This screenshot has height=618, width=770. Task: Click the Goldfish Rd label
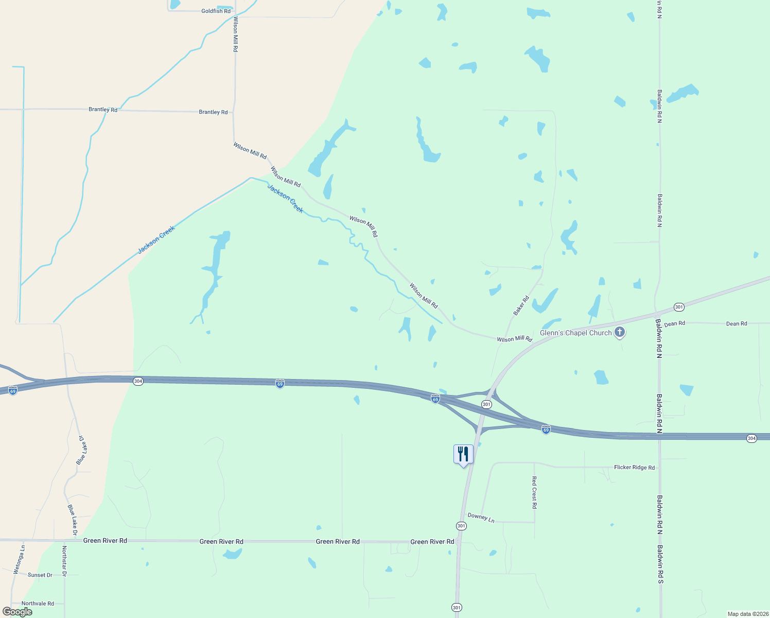point(216,11)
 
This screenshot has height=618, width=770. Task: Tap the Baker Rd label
point(521,305)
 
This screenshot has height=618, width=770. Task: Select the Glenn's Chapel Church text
point(575,333)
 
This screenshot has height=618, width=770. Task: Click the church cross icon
point(620,332)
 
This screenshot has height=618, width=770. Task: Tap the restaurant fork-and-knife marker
point(463,454)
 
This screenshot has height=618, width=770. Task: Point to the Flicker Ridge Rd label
point(634,468)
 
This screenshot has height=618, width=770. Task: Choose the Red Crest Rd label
point(534,493)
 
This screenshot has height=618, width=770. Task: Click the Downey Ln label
point(481,518)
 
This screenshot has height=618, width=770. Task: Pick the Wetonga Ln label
point(19,560)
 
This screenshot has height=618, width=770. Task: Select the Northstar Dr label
point(64,561)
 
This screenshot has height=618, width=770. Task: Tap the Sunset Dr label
point(40,575)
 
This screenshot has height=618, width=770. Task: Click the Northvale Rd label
point(38,604)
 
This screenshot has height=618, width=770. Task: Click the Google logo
point(17,612)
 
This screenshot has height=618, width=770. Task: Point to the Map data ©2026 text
point(747,614)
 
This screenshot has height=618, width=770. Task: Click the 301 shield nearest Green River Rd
point(461,526)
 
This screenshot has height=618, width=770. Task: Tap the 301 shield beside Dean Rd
point(679,307)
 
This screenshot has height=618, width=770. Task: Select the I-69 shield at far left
point(13,390)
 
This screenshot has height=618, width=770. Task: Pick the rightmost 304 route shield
point(751,438)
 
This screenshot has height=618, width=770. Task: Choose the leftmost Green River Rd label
point(105,541)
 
